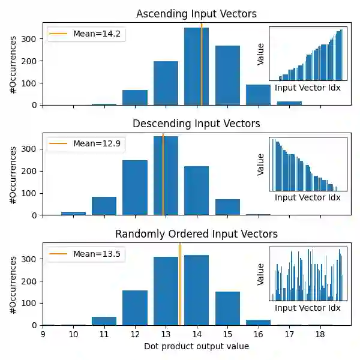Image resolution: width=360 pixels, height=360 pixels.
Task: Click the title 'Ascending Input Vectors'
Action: (x=196, y=14)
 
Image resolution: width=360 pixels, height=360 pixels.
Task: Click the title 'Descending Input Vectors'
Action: (x=196, y=124)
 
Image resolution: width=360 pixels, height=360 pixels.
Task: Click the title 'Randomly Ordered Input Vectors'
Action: (x=196, y=233)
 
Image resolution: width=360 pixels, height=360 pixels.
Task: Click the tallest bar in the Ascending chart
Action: (x=196, y=66)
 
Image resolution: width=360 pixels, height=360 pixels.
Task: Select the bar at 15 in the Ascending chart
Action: (x=227, y=75)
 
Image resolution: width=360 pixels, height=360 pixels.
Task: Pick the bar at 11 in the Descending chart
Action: (x=104, y=206)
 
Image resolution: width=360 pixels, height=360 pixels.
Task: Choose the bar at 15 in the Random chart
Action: (x=227, y=308)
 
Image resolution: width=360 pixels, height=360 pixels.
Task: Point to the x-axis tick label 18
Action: (x=320, y=334)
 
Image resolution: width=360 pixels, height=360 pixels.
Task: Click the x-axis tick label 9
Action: (x=43, y=334)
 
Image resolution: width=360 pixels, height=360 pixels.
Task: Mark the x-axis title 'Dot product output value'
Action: (x=196, y=346)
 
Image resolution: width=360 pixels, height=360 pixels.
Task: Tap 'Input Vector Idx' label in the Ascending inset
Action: (x=307, y=88)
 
